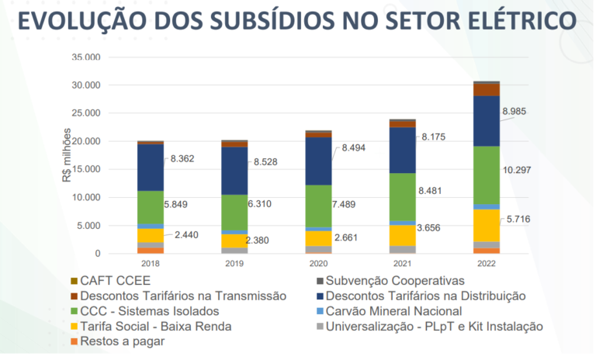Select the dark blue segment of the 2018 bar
coord(151,168)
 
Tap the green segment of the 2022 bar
coord(487,175)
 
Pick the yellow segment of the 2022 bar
coord(487,225)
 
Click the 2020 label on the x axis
coord(318,264)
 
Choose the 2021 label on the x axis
coord(402,264)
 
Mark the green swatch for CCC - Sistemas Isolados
coord(74,310)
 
